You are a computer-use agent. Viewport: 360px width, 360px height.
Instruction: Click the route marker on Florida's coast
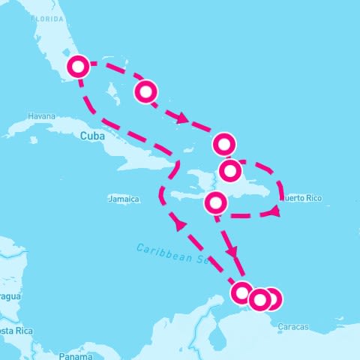(x=78, y=67)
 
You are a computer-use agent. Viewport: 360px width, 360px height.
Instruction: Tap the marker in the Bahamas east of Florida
(x=146, y=91)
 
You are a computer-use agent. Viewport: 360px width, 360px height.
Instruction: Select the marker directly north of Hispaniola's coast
(x=224, y=142)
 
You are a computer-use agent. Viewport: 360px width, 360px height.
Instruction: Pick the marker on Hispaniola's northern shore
(x=230, y=170)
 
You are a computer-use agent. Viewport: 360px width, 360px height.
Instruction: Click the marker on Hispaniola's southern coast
(x=216, y=202)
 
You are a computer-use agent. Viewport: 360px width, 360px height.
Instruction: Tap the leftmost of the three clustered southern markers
(x=242, y=292)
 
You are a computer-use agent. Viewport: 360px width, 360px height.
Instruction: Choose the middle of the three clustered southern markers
(x=259, y=300)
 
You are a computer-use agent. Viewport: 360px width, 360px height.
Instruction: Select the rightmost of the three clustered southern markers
(x=271, y=298)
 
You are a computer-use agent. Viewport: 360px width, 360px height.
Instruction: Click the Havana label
(x=41, y=116)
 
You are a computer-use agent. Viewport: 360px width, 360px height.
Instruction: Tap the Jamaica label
(x=124, y=199)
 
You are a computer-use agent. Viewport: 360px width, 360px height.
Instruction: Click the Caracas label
(x=292, y=326)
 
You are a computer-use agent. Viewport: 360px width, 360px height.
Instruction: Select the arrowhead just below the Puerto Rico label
(x=274, y=213)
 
